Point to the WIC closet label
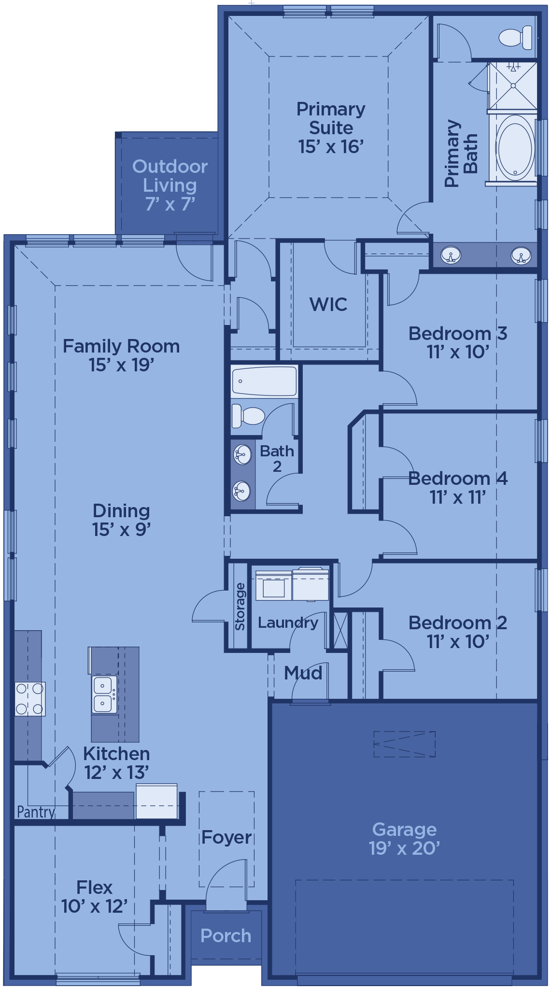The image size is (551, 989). [x=328, y=304]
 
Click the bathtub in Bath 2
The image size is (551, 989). [x=264, y=381]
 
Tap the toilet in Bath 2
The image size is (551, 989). [x=248, y=416]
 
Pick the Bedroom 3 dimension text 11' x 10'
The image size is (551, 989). [x=458, y=352]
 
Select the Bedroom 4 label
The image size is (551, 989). [x=458, y=478]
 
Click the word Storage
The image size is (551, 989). [x=240, y=607]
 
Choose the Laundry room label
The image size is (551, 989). [x=288, y=622]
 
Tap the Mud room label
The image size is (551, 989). [x=303, y=673]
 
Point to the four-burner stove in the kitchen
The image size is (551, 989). [x=30, y=699]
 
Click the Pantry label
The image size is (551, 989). [x=36, y=812]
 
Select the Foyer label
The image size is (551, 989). [x=226, y=837]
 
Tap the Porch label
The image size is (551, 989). [x=226, y=935]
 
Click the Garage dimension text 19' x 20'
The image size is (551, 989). [x=404, y=848]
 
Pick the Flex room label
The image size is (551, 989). [x=94, y=887]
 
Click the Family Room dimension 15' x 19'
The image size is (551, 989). [x=121, y=365]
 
